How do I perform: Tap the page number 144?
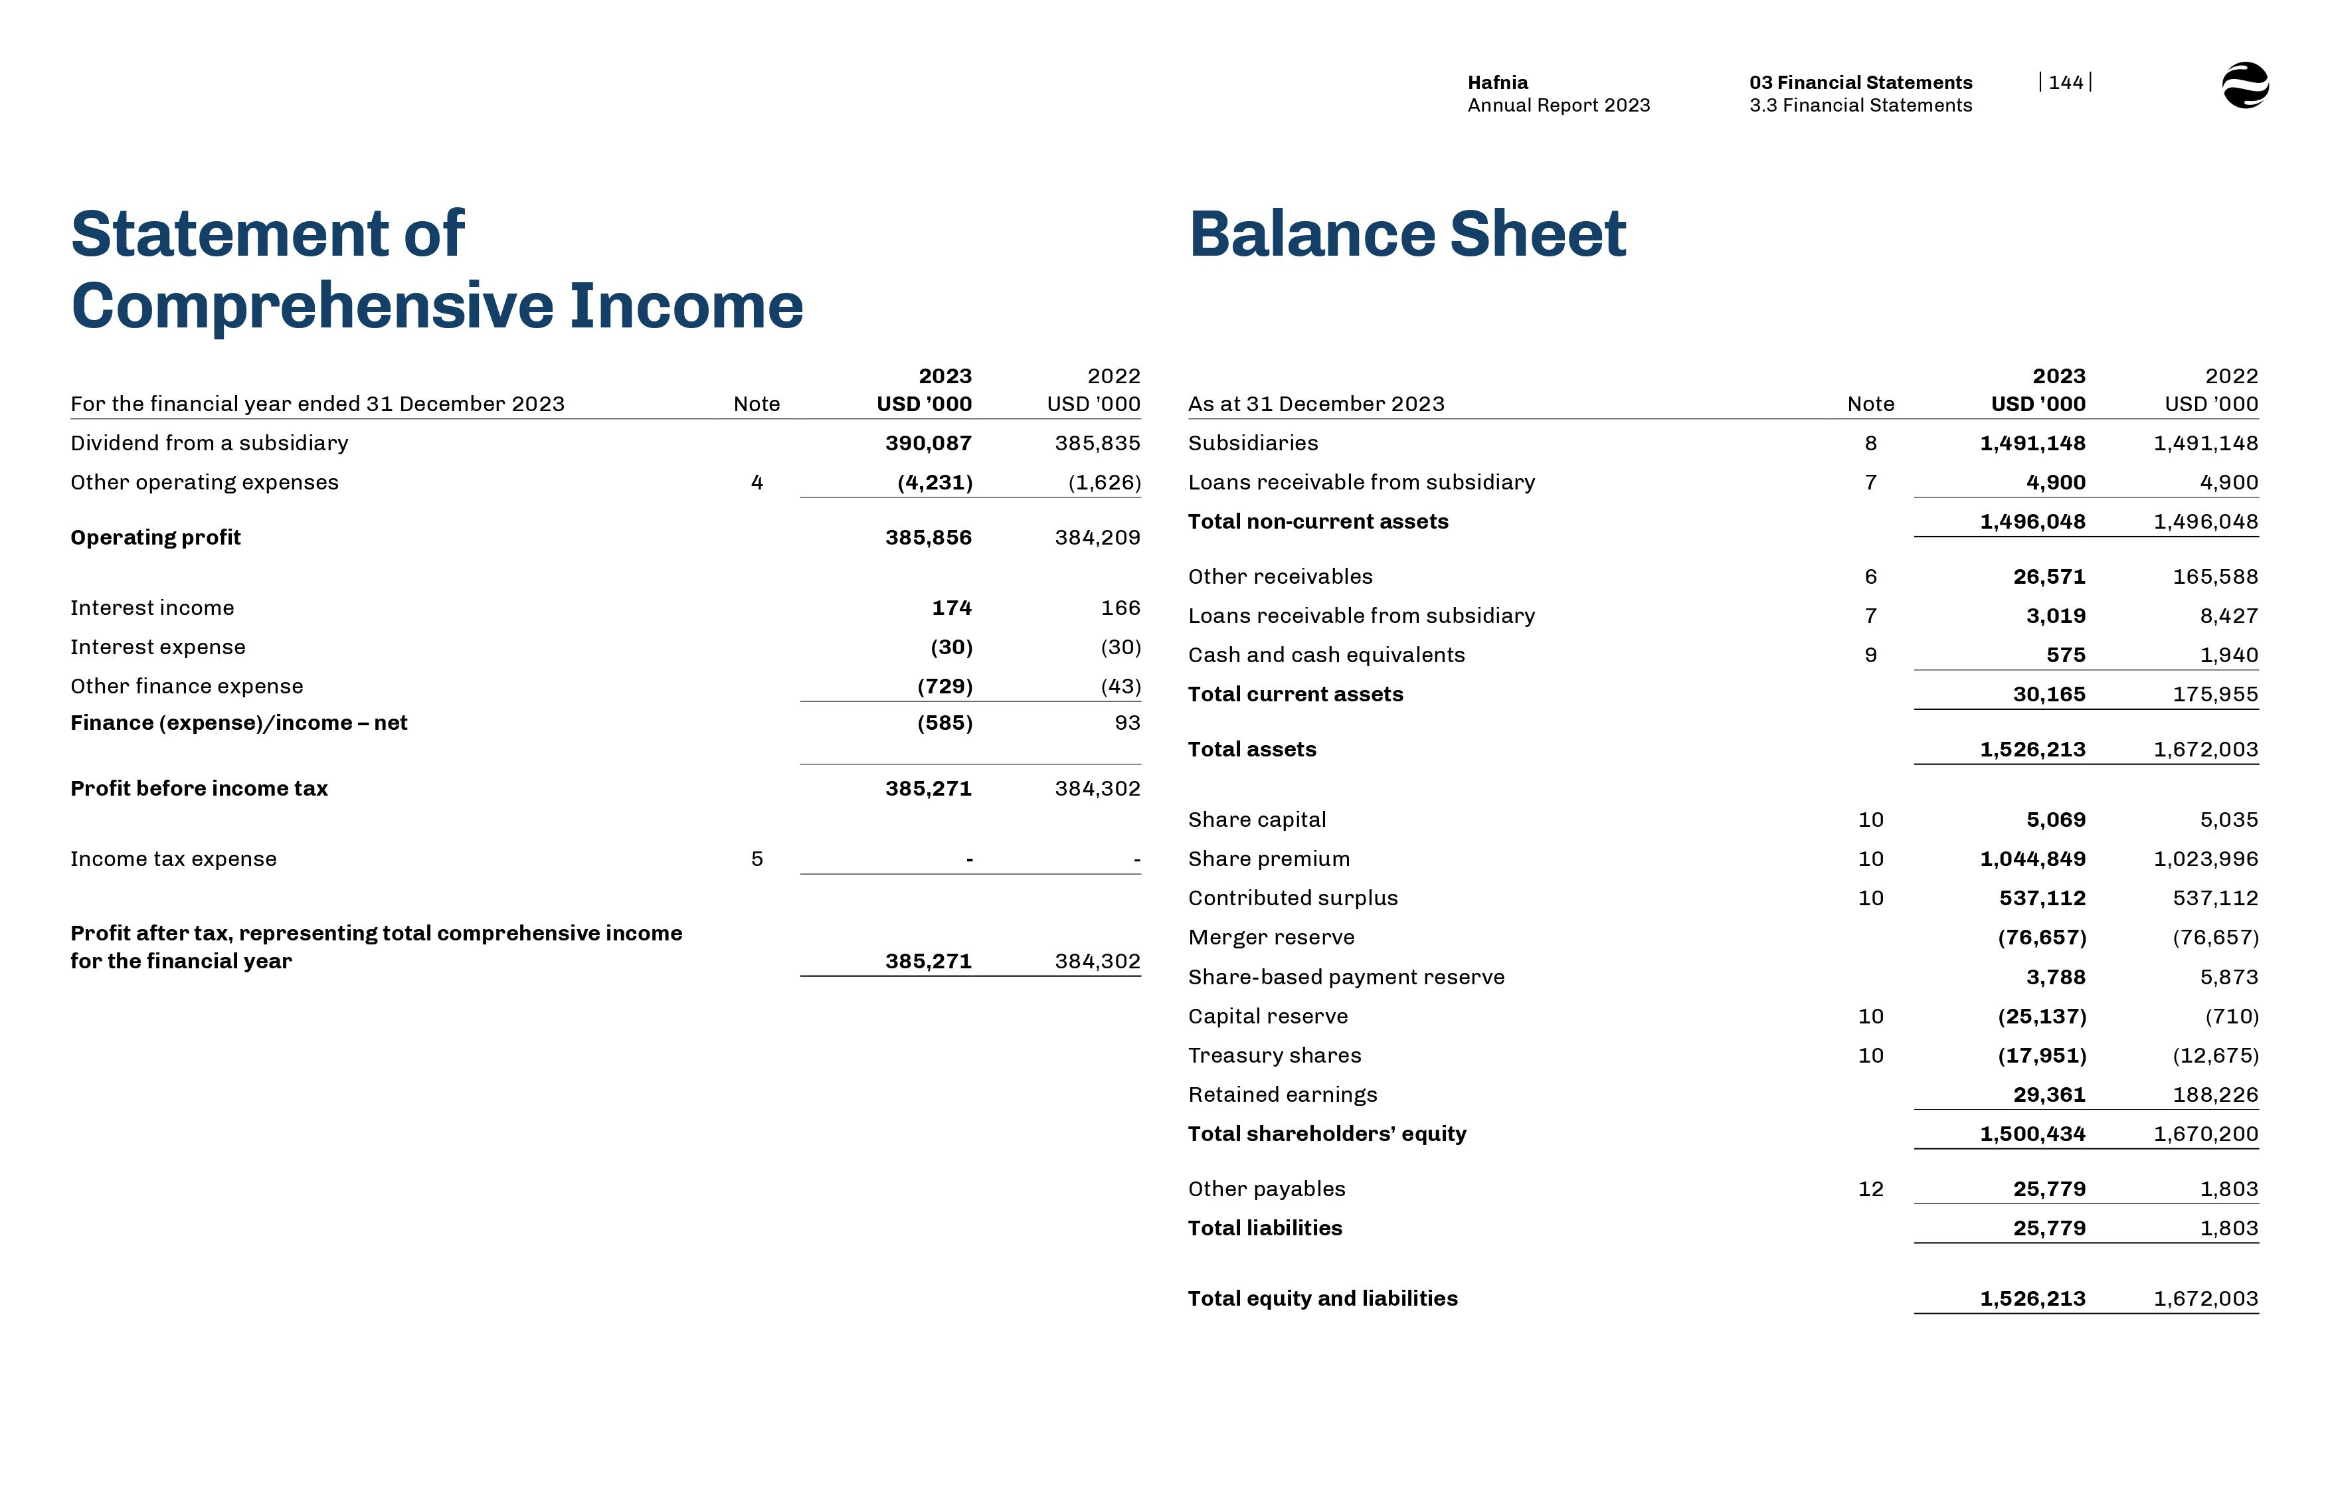2065,82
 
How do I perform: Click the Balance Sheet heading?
1407,234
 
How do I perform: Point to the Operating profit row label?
155,537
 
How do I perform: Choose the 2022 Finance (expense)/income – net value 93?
1126,723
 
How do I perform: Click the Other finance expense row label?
187,687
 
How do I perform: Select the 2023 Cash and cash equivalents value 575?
2065,656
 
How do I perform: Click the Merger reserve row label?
1271,937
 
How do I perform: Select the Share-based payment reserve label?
1346,977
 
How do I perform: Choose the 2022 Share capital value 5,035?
2228,820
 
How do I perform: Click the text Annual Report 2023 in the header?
1558,106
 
